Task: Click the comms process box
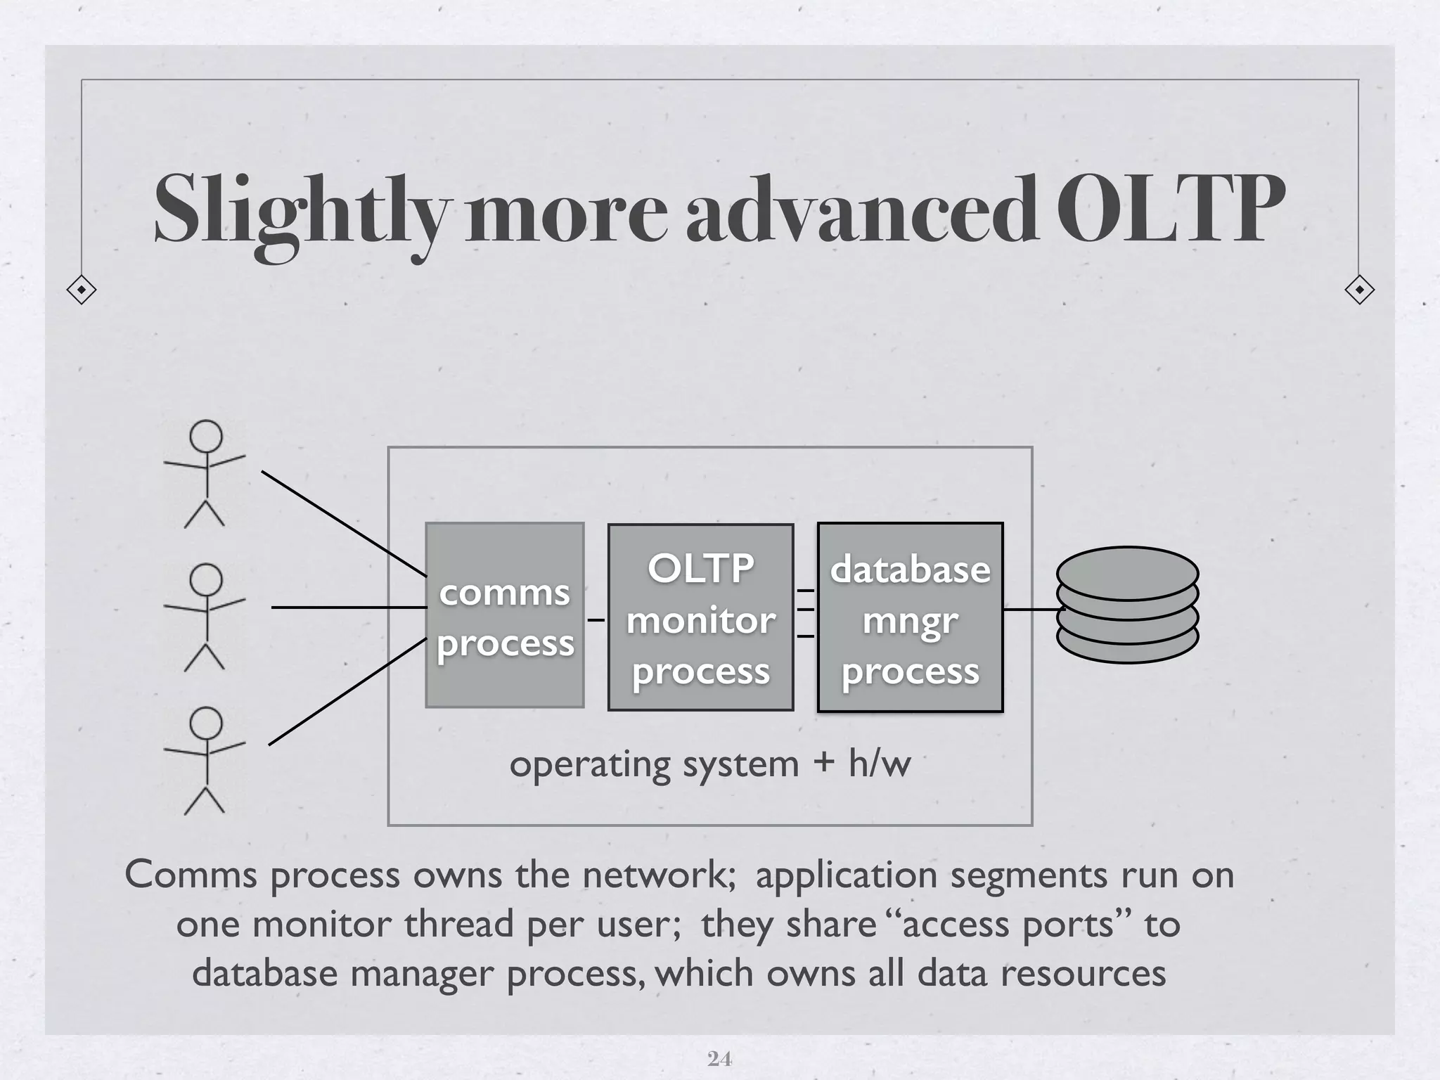[x=504, y=615]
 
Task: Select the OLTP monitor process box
[x=700, y=617]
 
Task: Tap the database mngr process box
[x=910, y=617]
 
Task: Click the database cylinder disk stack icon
[x=1127, y=605]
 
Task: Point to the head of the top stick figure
[x=206, y=436]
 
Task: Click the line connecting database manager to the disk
[x=1030, y=610]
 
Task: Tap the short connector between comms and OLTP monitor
[x=596, y=620]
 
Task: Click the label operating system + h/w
[x=709, y=764]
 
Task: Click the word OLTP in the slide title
[x=1171, y=209]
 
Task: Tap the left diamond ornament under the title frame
[x=82, y=290]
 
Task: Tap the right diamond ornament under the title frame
[x=1359, y=290]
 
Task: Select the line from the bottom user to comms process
[x=348, y=691]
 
